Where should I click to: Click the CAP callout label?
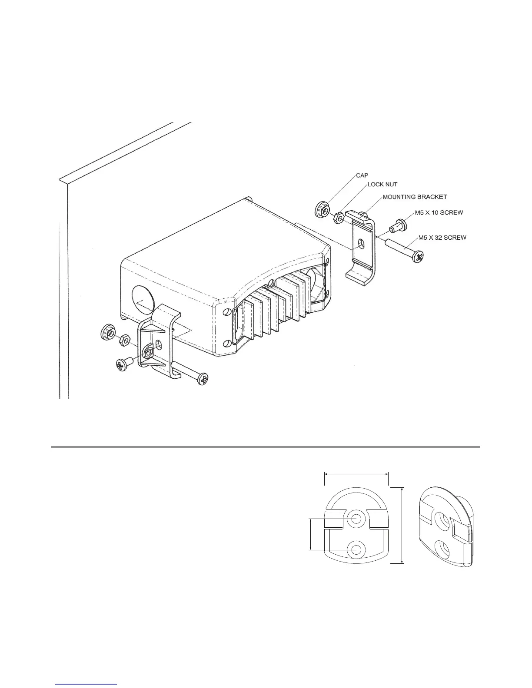(362, 175)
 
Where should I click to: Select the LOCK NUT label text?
(382, 184)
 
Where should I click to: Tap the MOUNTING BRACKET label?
(415, 197)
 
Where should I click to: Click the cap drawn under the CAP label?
(322, 210)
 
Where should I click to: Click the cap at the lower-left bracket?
(107, 332)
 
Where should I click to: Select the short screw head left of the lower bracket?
(122, 364)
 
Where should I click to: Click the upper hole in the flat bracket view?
(357, 518)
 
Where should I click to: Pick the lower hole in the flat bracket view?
(357, 549)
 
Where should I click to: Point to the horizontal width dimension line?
(356, 474)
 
